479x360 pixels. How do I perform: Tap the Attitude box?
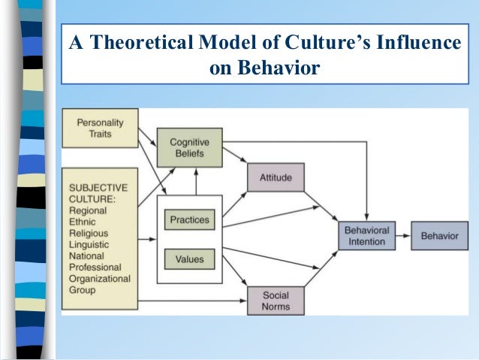[275, 177]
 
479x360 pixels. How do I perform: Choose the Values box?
[189, 259]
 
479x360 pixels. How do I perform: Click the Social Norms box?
[276, 301]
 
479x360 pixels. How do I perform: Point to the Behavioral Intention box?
[367, 235]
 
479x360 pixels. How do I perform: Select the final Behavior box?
[439, 235]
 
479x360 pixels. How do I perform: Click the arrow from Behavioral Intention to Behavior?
[402, 235]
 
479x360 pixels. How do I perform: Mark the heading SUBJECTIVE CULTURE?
[98, 194]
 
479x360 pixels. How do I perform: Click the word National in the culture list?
[88, 256]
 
